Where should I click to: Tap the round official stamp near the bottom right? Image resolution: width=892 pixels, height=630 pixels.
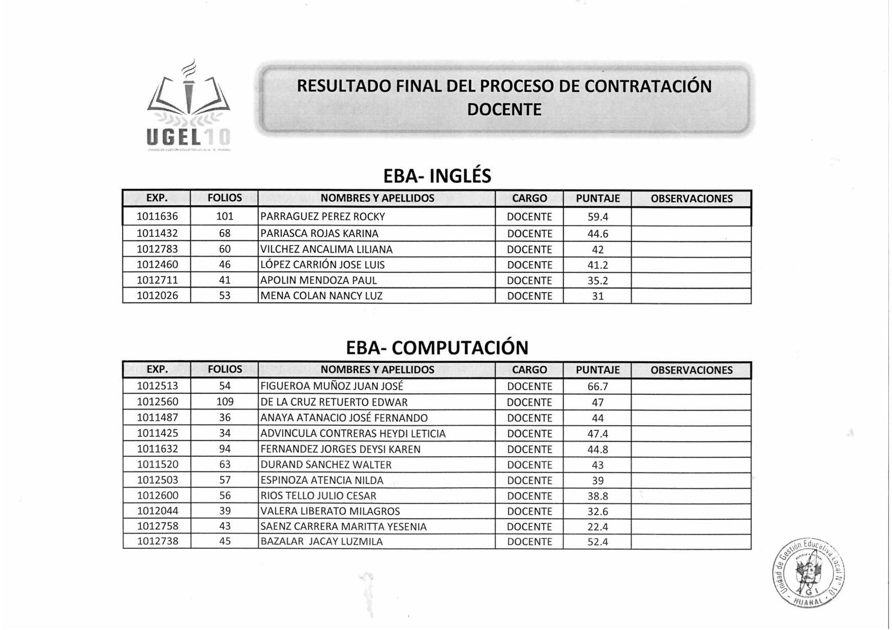coord(809,572)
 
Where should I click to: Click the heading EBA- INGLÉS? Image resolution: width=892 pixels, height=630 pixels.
coord(437,176)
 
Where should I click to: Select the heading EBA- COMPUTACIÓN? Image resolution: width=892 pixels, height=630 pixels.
coord(437,348)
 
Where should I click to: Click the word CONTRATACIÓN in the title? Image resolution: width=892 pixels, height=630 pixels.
coord(648,86)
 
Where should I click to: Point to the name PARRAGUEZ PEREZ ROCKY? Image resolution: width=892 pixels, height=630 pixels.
coord(322,216)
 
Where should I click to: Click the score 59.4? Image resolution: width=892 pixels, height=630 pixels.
coord(598,217)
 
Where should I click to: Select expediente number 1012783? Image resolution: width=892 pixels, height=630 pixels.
coord(157,249)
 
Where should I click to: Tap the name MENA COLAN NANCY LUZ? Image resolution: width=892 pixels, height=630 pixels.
coord(321,296)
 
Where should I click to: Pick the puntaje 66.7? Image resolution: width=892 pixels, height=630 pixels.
coord(598,387)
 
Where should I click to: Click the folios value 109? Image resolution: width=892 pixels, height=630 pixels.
coord(225,402)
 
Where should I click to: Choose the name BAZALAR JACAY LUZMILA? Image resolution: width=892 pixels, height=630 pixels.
coord(321,542)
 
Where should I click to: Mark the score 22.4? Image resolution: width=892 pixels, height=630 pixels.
coord(598,527)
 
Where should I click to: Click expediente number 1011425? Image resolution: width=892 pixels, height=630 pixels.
coord(157,433)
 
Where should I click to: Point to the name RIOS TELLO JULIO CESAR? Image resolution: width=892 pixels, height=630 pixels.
coord(318,496)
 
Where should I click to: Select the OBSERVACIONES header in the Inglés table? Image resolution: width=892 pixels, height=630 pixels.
coord(691,199)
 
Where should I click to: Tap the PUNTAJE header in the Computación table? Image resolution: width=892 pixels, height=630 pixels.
coord(598,370)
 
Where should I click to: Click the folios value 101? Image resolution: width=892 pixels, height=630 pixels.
coord(225,216)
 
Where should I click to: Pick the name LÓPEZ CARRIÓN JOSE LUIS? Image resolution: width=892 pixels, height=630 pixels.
coord(322,265)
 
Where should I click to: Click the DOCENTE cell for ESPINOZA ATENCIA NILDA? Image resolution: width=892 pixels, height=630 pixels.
coord(529,481)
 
